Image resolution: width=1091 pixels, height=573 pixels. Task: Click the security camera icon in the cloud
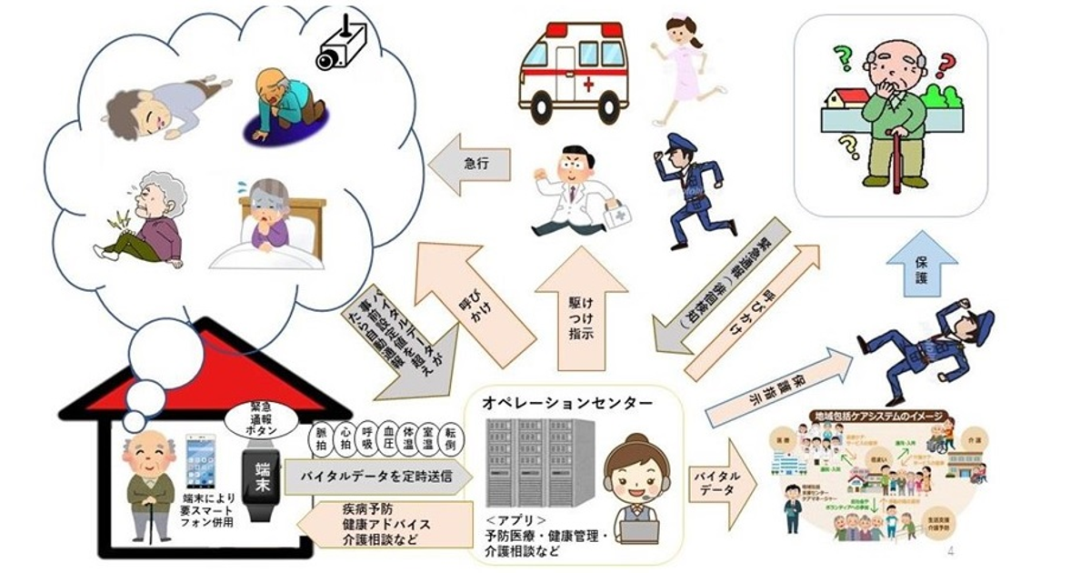[x=341, y=44]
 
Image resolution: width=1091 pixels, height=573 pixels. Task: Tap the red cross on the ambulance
[x=587, y=85]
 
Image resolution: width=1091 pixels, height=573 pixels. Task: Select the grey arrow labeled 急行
[x=468, y=165]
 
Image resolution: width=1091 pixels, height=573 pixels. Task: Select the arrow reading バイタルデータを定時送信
[x=377, y=476]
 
